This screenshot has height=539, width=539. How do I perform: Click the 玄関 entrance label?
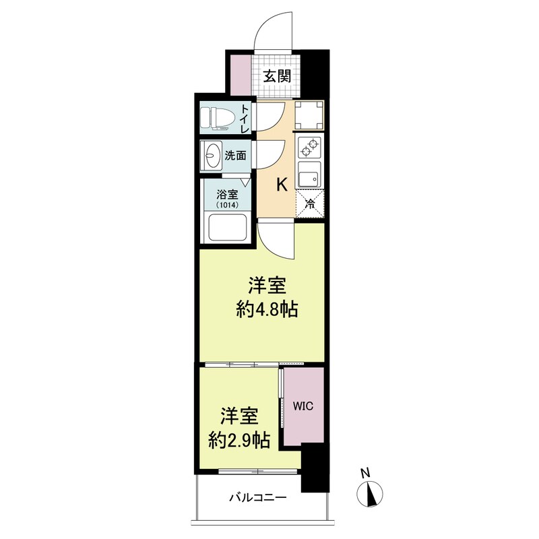click(x=276, y=75)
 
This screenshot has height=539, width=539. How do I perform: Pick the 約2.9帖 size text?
click(x=239, y=441)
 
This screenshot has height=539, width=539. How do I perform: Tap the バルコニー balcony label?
click(x=257, y=499)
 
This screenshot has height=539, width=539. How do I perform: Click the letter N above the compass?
click(x=365, y=473)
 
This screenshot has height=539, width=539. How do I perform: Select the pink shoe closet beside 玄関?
click(x=240, y=73)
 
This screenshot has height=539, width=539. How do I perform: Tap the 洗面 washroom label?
click(x=235, y=155)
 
